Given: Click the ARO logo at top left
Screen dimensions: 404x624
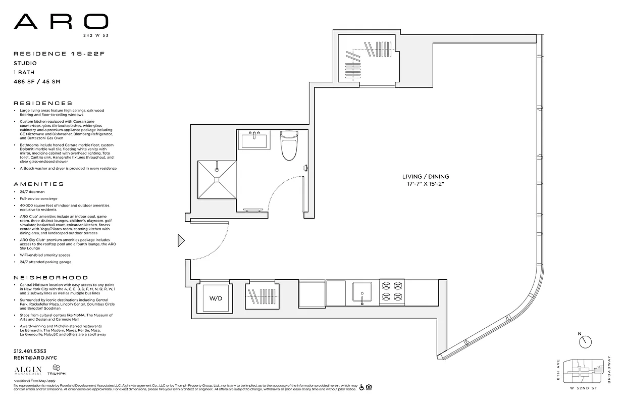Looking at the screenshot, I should [x=61, y=21].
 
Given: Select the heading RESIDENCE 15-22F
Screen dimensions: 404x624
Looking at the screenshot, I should [x=47, y=54].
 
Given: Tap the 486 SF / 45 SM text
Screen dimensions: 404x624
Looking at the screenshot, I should [x=37, y=81].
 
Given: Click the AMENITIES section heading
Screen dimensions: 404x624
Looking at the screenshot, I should [x=39, y=184].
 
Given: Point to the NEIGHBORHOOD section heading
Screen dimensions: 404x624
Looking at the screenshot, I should [x=50, y=278].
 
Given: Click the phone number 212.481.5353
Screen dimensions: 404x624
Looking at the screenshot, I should [x=30, y=351].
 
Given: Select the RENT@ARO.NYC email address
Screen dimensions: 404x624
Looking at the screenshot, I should [x=35, y=358].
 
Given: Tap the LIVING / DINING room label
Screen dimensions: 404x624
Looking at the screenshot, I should [x=425, y=177].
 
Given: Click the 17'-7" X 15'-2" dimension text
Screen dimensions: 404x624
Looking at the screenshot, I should [x=425, y=184].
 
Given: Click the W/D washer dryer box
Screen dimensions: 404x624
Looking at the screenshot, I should [x=216, y=298].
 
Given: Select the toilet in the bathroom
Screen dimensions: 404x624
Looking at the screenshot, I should [x=289, y=145].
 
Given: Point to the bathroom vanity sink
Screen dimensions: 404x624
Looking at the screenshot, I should [x=255, y=140].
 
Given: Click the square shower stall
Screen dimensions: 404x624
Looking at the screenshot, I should [x=217, y=179].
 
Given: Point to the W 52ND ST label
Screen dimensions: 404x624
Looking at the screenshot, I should [x=583, y=388].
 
